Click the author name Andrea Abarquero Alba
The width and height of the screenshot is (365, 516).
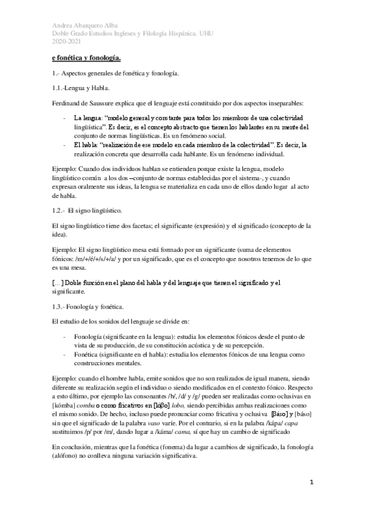click(x=81, y=25)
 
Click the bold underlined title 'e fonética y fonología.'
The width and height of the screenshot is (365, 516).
click(x=86, y=59)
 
